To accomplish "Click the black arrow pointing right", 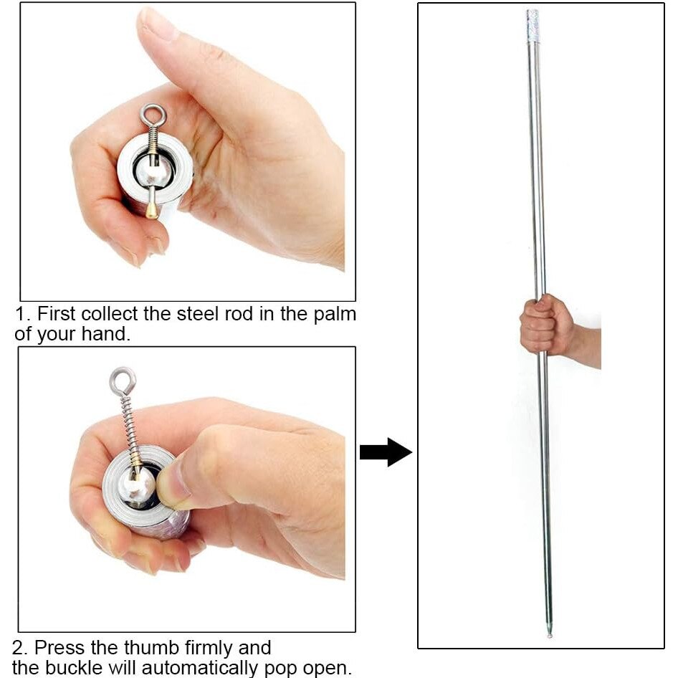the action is click(386, 452).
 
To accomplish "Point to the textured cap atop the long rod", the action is click(533, 26).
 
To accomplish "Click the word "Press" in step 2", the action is click(59, 647).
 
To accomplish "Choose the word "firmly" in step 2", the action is click(209, 648).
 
